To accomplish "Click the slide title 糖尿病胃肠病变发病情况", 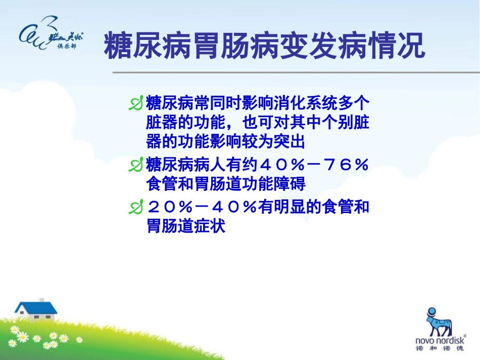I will tap(264, 47).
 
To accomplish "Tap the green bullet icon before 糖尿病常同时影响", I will tap(136, 105).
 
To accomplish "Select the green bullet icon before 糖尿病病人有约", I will tap(136, 166).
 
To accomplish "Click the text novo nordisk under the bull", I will tap(439, 341).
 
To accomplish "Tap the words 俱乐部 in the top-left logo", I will tap(68, 46).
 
